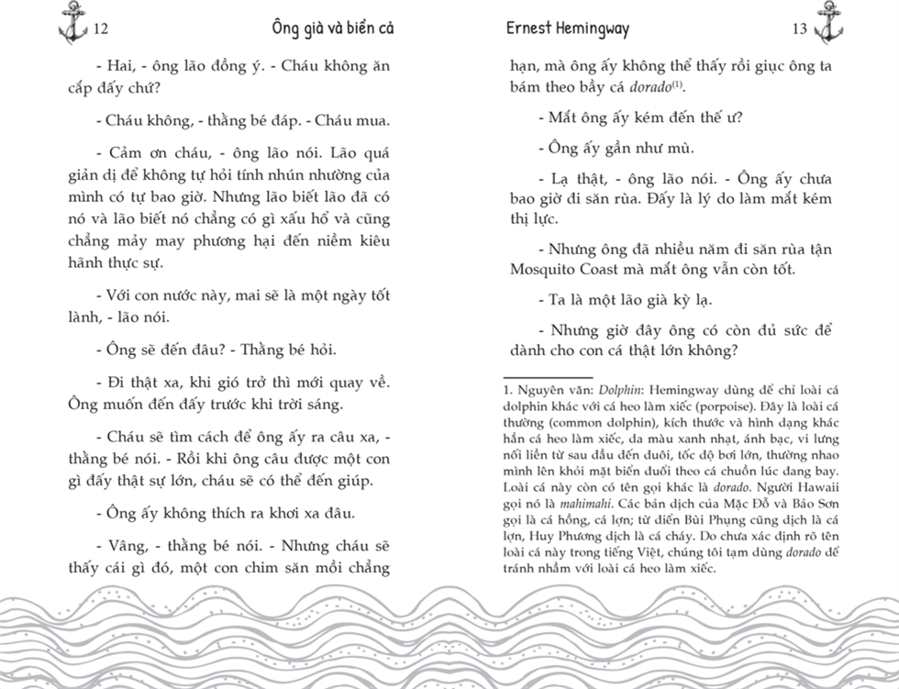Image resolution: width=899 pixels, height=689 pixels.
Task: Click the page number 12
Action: pos(101,29)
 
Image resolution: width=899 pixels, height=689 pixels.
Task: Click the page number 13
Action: pos(799,29)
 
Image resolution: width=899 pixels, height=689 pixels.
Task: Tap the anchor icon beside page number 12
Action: pos(72,23)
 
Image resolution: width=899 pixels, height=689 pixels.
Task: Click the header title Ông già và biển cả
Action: pos(333,28)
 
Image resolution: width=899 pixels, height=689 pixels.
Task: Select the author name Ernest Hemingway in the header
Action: pos(568,28)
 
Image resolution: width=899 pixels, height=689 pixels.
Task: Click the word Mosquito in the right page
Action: pos(544,269)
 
